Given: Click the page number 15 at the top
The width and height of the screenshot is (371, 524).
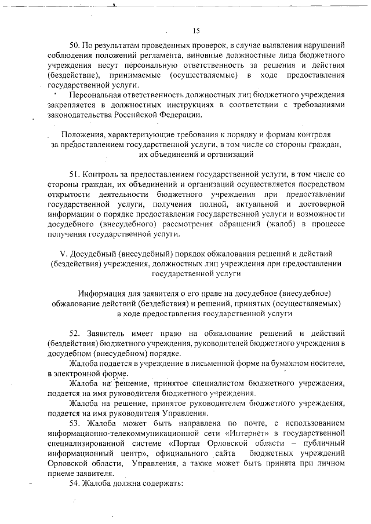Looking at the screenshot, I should pos(196,31).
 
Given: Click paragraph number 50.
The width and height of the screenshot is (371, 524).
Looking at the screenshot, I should pos(75,45).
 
